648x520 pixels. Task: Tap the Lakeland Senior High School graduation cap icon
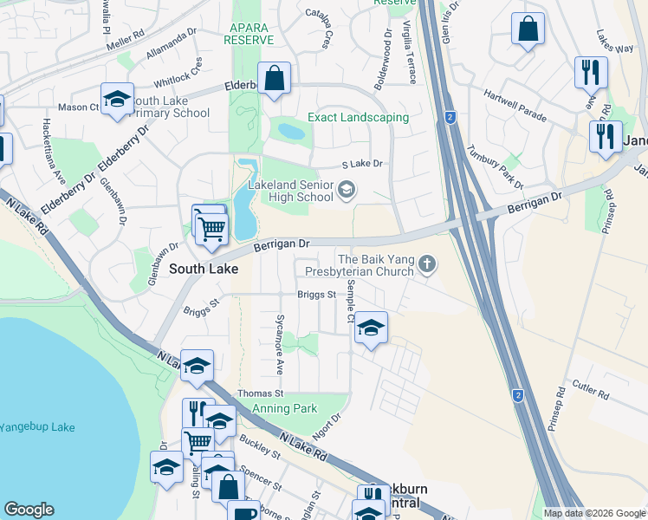click(x=347, y=190)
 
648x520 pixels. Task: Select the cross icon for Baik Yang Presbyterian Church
click(x=426, y=264)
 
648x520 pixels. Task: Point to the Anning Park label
click(x=284, y=409)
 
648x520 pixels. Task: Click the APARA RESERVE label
click(x=246, y=34)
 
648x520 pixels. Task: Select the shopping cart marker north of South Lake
click(x=211, y=229)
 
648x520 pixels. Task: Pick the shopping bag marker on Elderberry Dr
click(x=274, y=79)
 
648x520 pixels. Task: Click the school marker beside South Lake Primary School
click(x=117, y=99)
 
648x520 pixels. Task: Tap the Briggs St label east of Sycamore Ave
click(x=316, y=295)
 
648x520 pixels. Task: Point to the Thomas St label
click(x=243, y=393)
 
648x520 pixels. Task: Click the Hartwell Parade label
click(x=515, y=105)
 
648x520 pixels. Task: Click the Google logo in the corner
click(x=29, y=510)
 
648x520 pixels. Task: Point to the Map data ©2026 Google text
click(x=593, y=513)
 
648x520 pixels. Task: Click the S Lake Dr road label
click(x=362, y=164)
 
